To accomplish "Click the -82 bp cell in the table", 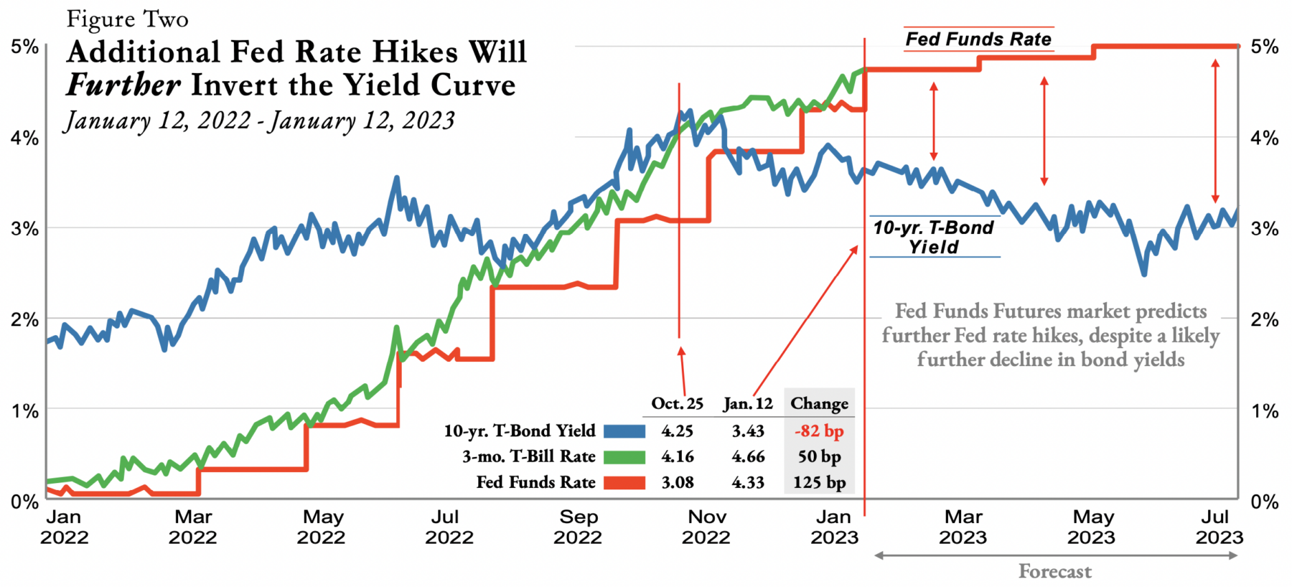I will click(x=819, y=431).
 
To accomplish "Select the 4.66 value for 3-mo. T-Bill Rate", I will click(x=748, y=457).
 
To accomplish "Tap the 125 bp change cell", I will click(x=819, y=483).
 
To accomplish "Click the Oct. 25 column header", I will click(x=677, y=404).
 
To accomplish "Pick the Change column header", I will click(x=819, y=404).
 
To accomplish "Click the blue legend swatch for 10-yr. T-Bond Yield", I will click(x=624, y=431).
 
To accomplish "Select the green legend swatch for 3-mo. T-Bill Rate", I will click(x=624, y=457).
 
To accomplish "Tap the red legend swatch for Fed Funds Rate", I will click(x=624, y=483).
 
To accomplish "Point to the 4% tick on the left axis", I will click(x=24, y=138).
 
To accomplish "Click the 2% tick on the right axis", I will click(x=1265, y=320).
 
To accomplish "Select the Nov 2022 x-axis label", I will click(x=706, y=527).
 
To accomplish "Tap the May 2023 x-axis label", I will click(x=1092, y=527).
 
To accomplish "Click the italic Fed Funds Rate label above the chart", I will click(x=978, y=39).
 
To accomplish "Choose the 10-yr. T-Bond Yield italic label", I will click(x=934, y=238).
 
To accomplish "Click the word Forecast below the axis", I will click(x=1055, y=572).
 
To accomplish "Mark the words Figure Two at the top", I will click(x=128, y=19).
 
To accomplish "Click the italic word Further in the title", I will click(x=123, y=85).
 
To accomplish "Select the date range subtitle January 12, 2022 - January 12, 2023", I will click(x=260, y=121).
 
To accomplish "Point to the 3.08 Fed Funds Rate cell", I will click(x=677, y=483).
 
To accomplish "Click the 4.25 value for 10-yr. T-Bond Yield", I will click(x=677, y=431).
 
